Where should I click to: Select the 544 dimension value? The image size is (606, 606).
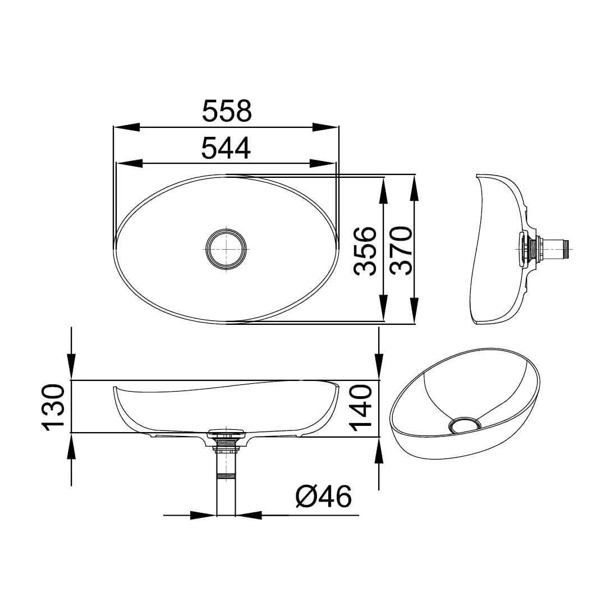pyautogui.click(x=226, y=148)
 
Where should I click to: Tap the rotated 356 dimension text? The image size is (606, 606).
pyautogui.click(x=366, y=250)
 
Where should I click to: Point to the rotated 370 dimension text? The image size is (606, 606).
pyautogui.click(x=401, y=250)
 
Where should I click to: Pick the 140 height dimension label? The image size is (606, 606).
pyautogui.click(x=362, y=407)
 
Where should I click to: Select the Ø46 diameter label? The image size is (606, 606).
pyautogui.click(x=324, y=497)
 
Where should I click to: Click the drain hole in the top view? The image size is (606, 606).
pyautogui.click(x=226, y=247)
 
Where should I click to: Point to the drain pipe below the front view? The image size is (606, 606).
pyautogui.click(x=226, y=483)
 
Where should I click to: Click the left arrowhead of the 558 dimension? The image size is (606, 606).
pyautogui.click(x=127, y=127)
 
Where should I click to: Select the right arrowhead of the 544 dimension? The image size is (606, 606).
pyautogui.click(x=323, y=163)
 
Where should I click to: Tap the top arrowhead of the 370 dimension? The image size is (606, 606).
pyautogui.click(x=415, y=189)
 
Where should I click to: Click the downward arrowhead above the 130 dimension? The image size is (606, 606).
pyautogui.click(x=71, y=368)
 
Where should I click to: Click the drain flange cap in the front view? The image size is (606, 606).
pyautogui.click(x=226, y=433)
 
